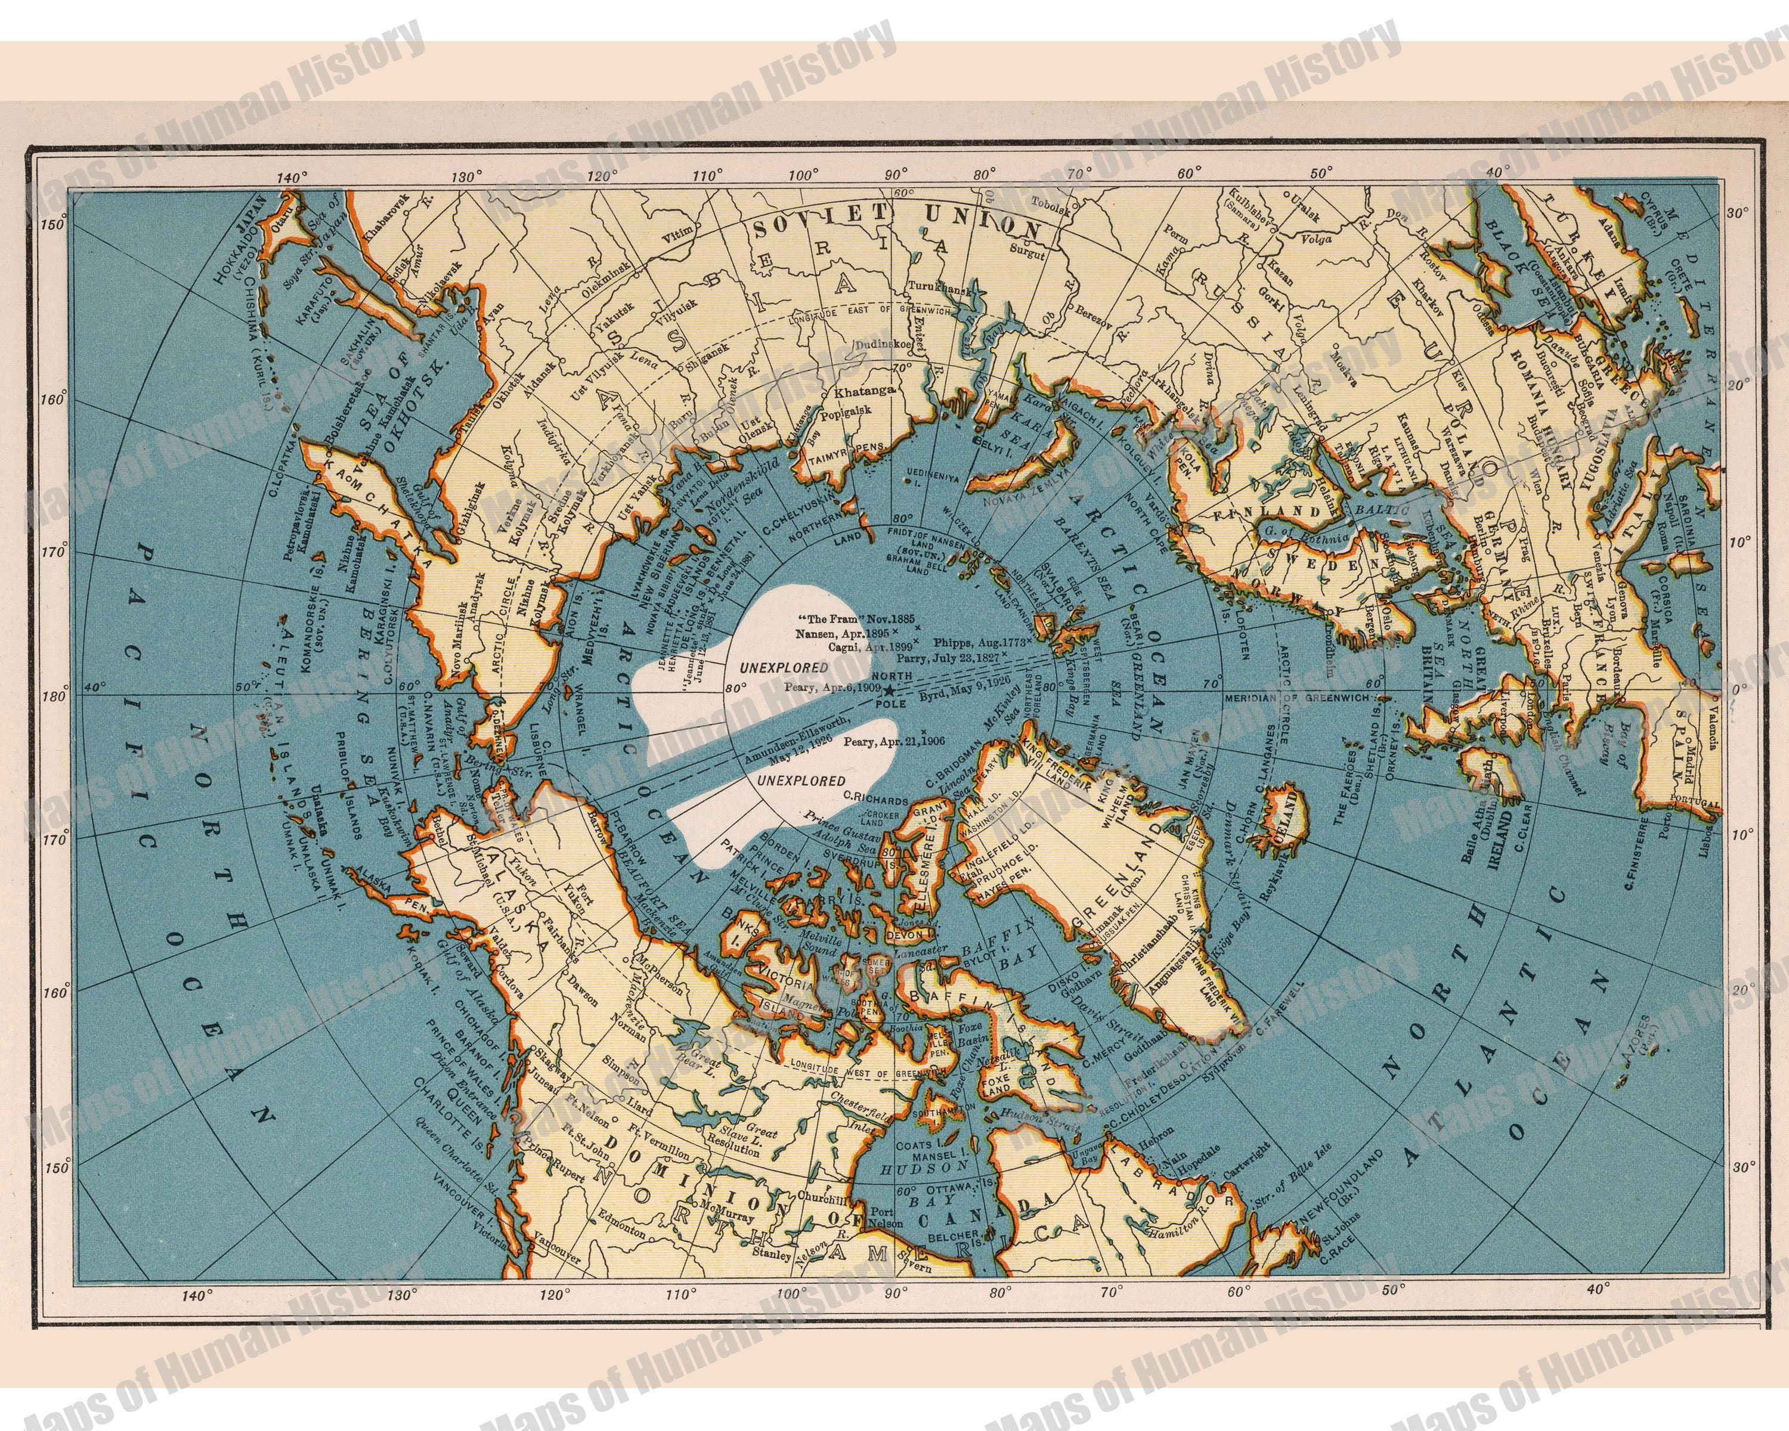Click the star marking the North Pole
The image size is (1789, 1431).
pos(889,690)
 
